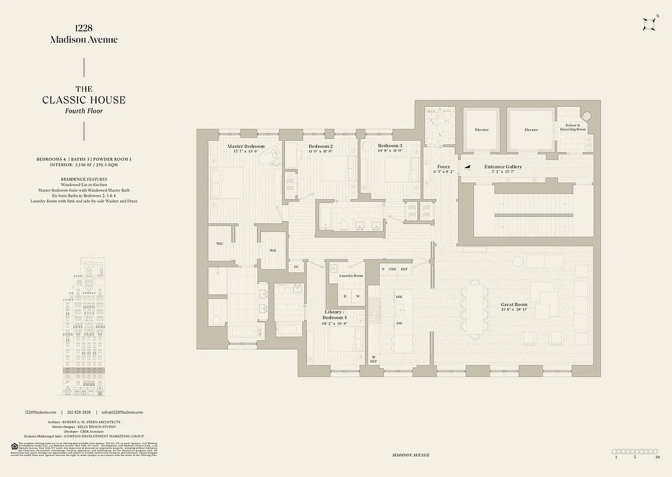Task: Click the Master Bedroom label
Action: point(246,146)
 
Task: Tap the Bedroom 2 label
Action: point(321,146)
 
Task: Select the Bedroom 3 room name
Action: point(390,146)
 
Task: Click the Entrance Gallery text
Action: point(503,167)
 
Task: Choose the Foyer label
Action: point(443,167)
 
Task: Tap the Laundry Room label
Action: point(351,276)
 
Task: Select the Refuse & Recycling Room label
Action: point(571,127)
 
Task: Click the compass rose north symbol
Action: point(649,24)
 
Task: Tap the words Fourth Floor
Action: point(83,111)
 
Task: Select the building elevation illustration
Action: point(83,328)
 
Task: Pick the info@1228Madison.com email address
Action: point(122,412)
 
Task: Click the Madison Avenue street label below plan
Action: point(410,455)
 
